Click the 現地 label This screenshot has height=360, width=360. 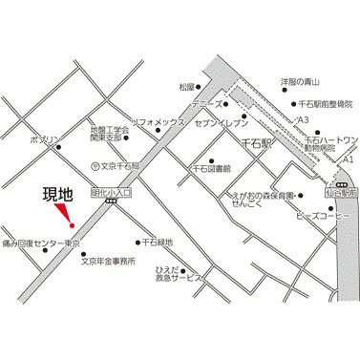pos(58,197)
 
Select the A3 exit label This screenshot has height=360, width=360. pos(302,118)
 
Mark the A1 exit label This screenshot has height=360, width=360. pos(348,158)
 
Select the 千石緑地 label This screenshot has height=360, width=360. pos(158,243)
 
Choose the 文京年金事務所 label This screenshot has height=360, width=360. pos(108,260)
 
